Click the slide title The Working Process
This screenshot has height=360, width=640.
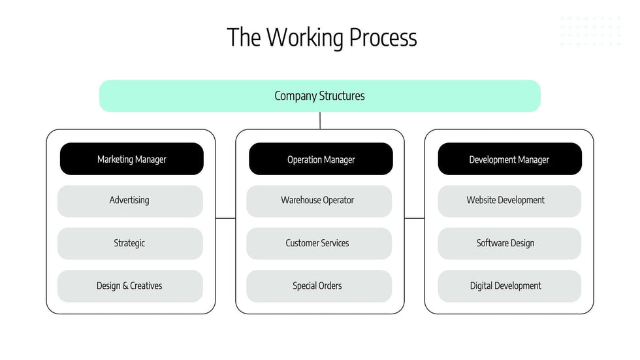click(321, 37)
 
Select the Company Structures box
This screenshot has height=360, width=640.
click(319, 96)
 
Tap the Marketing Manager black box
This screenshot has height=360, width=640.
click(131, 159)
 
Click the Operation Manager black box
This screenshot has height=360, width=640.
click(321, 159)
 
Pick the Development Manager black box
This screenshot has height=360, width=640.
click(509, 159)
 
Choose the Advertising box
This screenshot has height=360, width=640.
click(130, 201)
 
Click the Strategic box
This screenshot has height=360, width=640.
click(130, 243)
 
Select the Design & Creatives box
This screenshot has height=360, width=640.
click(130, 286)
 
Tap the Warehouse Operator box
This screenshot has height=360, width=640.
click(319, 201)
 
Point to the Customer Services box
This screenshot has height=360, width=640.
click(319, 243)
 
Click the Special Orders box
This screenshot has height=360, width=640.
click(319, 286)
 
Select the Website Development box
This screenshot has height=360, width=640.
click(509, 201)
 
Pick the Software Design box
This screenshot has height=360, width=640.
click(509, 243)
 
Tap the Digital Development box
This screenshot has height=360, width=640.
click(509, 286)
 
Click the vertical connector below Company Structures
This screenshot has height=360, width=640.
click(320, 120)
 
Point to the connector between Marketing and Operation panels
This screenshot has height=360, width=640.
click(225, 218)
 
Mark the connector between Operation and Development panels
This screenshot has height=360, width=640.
click(415, 218)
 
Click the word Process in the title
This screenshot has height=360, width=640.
click(383, 37)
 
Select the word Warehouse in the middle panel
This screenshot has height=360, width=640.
click(302, 201)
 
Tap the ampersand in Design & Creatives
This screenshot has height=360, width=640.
click(125, 286)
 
